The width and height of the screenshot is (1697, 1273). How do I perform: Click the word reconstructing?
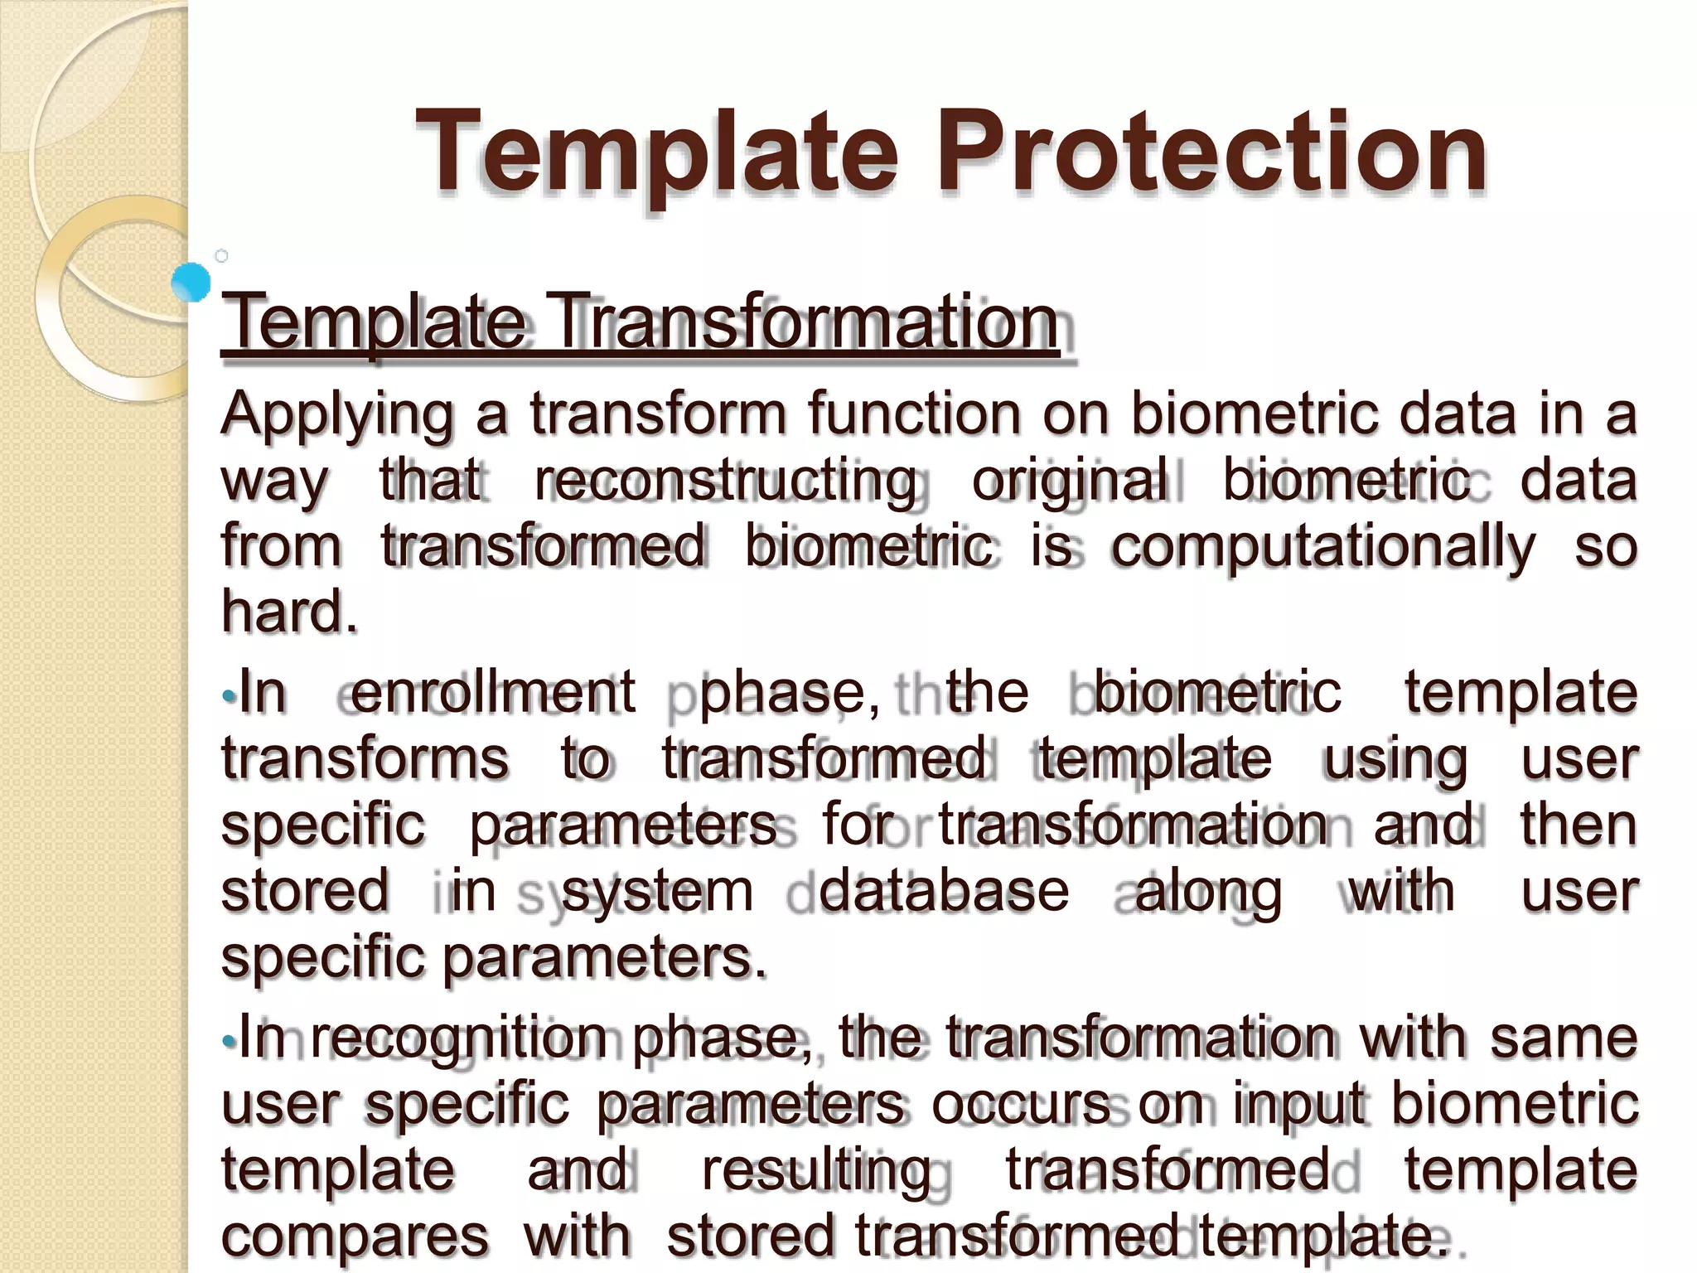(726, 481)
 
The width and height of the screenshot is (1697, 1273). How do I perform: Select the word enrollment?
(492, 693)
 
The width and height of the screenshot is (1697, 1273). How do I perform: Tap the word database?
(944, 892)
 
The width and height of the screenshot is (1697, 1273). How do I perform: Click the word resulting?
(816, 1171)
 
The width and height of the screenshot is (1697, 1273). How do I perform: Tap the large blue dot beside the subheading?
(191, 282)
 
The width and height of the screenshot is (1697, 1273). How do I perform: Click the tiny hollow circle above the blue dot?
(221, 256)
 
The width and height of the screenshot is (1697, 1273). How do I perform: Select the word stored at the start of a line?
(305, 892)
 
